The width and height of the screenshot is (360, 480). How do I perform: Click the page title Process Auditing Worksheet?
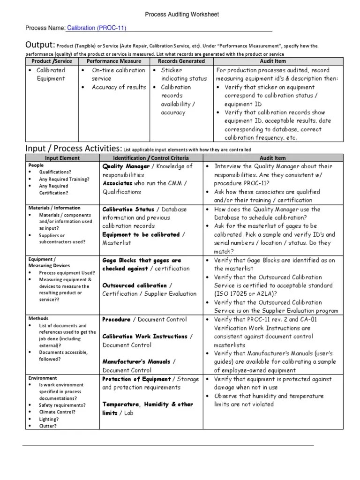pyautogui.click(x=181, y=15)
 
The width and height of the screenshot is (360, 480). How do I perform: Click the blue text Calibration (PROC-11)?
pyautogui.click(x=97, y=28)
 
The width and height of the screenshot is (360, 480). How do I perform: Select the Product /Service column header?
pyautogui.click(x=52, y=61)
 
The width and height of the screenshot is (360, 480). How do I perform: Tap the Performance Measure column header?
pyautogui.click(x=114, y=61)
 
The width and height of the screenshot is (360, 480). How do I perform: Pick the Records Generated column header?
pyautogui.click(x=181, y=61)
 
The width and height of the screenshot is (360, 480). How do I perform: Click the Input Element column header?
pyautogui.click(x=62, y=158)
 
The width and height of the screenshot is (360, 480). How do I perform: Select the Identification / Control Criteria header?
pyautogui.click(x=150, y=158)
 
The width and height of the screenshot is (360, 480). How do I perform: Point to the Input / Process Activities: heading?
pyautogui.click(x=74, y=149)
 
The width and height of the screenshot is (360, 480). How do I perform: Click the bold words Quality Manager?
pyautogui.click(x=126, y=166)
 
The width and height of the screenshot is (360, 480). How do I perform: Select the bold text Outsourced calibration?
pyautogui.click(x=135, y=285)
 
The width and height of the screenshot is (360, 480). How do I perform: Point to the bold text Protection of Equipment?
pyautogui.click(x=136, y=379)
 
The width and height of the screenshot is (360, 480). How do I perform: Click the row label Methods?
pyautogui.click(x=38, y=318)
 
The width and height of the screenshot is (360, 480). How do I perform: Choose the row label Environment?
pyautogui.click(x=43, y=378)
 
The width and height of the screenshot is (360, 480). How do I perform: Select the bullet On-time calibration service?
pyautogui.click(x=118, y=75)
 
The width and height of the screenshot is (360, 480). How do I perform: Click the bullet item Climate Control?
pyautogui.click(x=57, y=412)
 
